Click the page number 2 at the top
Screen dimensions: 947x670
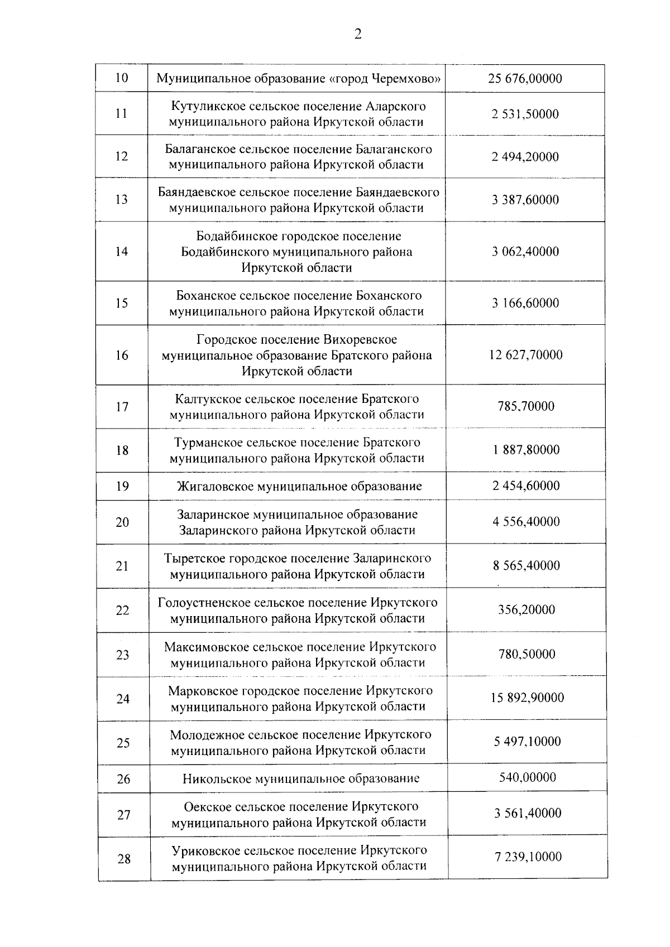(358, 35)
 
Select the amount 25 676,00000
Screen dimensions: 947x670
(525, 79)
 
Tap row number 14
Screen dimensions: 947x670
(121, 252)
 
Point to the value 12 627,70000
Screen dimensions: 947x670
(526, 355)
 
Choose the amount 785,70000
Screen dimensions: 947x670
(526, 406)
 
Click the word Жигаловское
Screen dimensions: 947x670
(214, 486)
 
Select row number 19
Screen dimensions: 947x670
(122, 486)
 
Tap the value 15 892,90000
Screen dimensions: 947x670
(527, 698)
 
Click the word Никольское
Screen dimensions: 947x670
(217, 778)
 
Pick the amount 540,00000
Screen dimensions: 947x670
(527, 777)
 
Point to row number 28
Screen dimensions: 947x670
(123, 859)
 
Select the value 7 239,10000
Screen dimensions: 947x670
(528, 857)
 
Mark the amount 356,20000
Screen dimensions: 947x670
(527, 609)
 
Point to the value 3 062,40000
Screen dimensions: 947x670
(525, 252)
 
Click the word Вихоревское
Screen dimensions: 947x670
(360, 339)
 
